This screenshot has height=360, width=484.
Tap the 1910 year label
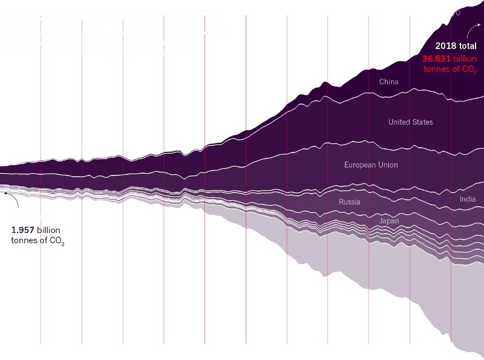tap(41, 152)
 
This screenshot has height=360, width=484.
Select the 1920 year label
tap(82, 152)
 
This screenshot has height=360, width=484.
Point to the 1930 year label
tap(123, 151)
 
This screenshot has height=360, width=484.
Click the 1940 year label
tap(164, 146)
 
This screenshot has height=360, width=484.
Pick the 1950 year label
tap(205, 139)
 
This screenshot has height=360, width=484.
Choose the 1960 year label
tap(246, 124)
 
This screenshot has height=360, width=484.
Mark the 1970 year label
tap(287, 94)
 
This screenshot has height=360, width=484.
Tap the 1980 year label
tap(328, 76)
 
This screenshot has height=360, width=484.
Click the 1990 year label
tap(369, 64)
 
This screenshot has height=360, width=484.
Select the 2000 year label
tap(410, 50)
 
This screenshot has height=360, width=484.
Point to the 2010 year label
tap(451, 12)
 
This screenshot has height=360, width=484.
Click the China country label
tap(389, 82)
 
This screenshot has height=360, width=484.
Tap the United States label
tap(411, 122)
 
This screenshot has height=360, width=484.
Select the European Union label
tap(371, 165)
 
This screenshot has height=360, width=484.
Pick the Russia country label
tap(350, 201)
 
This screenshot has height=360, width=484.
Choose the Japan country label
tap(389, 221)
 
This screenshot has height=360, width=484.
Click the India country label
tap(468, 199)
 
